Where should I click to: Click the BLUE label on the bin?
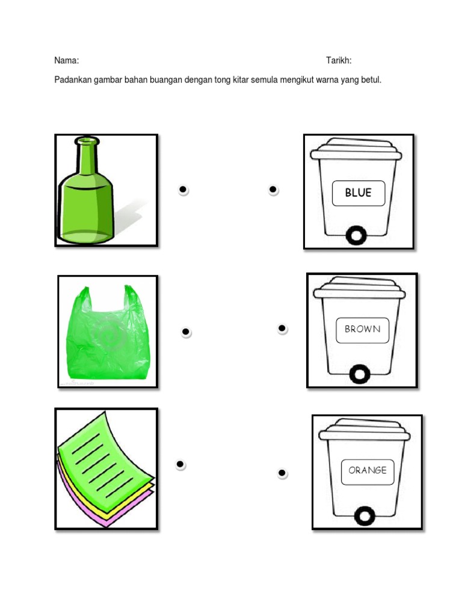pos(359,193)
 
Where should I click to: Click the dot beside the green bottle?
pos(183,189)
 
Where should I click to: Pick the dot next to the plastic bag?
pos(186,331)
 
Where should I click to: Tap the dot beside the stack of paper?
pos(180,464)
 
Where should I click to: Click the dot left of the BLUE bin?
pos(273,189)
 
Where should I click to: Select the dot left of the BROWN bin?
pos(282,328)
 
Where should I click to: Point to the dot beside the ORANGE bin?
pos(282,473)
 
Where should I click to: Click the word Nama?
pos(66,61)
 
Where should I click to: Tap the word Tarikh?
pos(339,61)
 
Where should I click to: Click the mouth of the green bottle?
pos(87,140)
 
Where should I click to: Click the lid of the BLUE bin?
pos(356,149)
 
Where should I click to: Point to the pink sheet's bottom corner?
pos(106,526)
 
